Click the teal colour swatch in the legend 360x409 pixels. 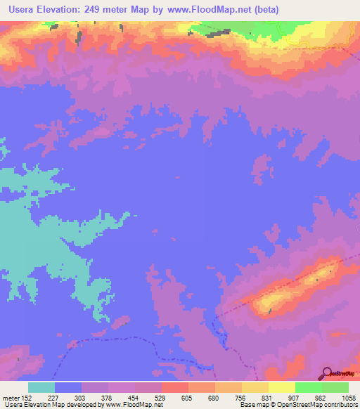(41, 387)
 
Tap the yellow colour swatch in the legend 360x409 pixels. (282, 387)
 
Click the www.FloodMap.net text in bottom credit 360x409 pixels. (134, 405)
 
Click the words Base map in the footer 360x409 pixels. (252, 405)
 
